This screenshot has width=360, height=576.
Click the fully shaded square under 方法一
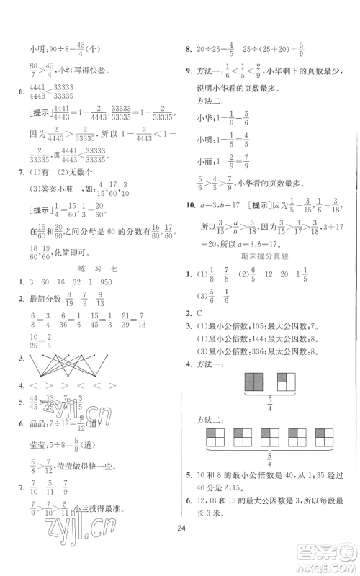coord(255,382)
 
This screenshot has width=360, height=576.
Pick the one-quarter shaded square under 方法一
coord(286,382)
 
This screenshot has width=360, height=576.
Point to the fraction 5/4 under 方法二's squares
coord(270,476)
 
